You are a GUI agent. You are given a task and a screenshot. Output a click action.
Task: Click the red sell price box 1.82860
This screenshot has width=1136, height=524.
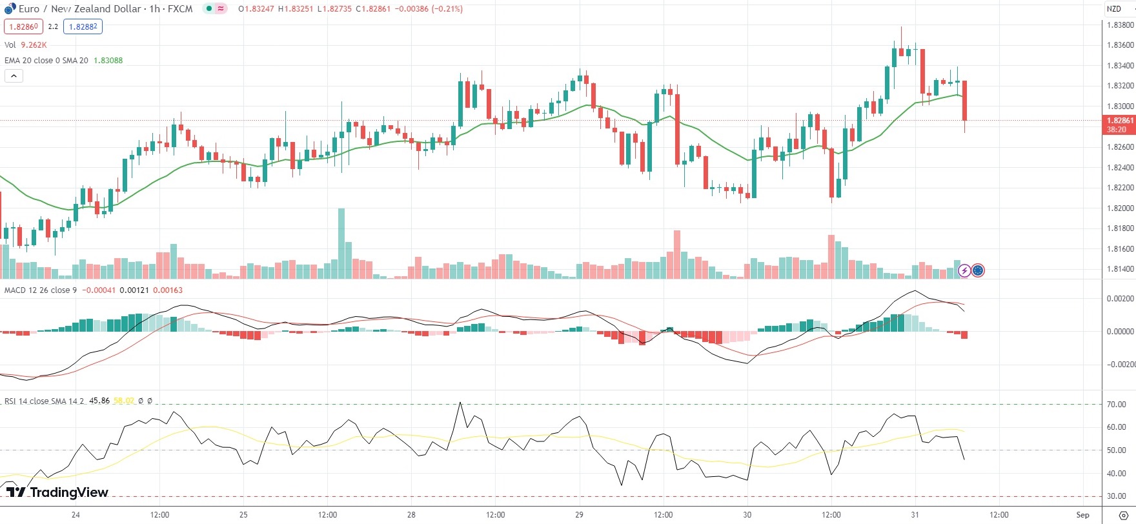(23, 26)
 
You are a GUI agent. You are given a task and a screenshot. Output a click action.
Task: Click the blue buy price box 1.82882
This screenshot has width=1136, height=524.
(83, 26)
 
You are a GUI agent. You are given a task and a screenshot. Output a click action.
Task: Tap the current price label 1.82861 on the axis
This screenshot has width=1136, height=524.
(1120, 121)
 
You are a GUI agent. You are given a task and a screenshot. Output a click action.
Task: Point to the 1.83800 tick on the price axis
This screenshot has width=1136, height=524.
(1120, 25)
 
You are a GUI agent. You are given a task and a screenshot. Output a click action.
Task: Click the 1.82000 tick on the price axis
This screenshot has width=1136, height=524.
(1120, 208)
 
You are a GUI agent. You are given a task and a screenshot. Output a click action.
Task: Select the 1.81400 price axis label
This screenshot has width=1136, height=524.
(1120, 269)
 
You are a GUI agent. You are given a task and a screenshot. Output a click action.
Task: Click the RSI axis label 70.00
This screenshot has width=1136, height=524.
(1116, 405)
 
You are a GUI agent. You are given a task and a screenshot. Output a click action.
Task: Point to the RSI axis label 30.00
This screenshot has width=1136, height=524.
(1116, 497)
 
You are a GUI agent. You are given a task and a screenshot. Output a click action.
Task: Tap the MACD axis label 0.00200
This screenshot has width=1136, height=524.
(1120, 299)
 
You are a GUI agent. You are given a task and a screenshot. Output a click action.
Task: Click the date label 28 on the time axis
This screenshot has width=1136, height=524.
(411, 515)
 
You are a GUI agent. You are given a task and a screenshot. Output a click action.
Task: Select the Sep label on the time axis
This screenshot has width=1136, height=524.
(1082, 515)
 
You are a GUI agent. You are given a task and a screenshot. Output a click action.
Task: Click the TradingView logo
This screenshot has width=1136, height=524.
(57, 492)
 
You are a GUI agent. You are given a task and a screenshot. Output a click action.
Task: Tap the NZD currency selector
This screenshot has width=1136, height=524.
(1114, 9)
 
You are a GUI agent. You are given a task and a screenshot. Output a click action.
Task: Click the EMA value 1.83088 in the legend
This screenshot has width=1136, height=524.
(108, 61)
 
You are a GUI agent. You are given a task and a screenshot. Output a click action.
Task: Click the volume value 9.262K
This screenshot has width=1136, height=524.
(34, 45)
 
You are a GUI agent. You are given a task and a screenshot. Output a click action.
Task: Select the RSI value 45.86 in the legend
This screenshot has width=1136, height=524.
(99, 401)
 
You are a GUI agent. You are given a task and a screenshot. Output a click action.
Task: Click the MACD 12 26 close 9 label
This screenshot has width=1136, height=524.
(40, 290)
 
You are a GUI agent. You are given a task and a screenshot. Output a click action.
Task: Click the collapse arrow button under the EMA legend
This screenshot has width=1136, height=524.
(14, 76)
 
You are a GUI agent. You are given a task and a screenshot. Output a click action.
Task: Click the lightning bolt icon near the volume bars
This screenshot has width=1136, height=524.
(964, 270)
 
